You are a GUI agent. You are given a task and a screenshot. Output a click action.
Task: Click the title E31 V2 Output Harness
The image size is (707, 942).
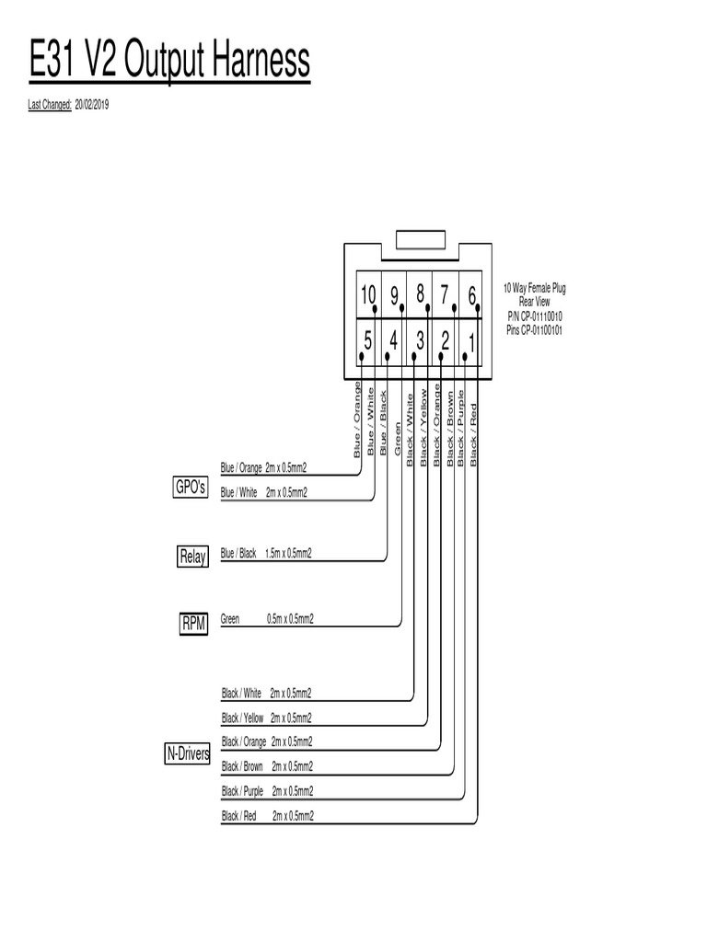click(169, 63)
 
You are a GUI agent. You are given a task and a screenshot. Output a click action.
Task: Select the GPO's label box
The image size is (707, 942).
click(190, 488)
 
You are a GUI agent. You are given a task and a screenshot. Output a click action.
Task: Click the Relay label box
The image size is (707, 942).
click(192, 557)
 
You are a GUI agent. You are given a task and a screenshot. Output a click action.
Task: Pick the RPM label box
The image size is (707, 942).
click(193, 625)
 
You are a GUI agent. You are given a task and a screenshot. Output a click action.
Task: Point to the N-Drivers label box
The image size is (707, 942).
click(188, 754)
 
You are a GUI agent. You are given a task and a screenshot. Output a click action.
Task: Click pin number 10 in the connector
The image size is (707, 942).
click(368, 295)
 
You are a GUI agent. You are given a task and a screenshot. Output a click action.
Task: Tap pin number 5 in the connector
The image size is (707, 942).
click(367, 340)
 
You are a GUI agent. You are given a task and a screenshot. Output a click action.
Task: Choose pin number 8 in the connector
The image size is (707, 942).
click(420, 294)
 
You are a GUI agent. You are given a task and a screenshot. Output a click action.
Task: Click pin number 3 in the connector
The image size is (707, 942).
click(419, 340)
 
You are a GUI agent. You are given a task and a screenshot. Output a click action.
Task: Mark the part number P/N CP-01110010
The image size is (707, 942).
click(534, 316)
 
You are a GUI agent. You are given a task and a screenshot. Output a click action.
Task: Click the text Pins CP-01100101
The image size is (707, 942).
click(534, 329)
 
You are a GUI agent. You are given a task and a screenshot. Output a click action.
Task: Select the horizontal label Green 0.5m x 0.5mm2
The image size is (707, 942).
click(267, 619)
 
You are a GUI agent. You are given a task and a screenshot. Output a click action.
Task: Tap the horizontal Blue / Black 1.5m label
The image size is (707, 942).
click(266, 554)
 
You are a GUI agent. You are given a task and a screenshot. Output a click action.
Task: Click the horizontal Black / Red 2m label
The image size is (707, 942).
click(267, 816)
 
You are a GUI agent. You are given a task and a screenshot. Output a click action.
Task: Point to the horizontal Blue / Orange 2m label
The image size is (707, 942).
click(263, 468)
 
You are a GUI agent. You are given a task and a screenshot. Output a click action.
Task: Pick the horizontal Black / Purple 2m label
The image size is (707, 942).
click(267, 791)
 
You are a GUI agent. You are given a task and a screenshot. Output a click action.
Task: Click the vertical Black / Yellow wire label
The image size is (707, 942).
click(424, 426)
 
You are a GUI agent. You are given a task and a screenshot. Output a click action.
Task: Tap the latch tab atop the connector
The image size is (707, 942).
click(420, 240)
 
